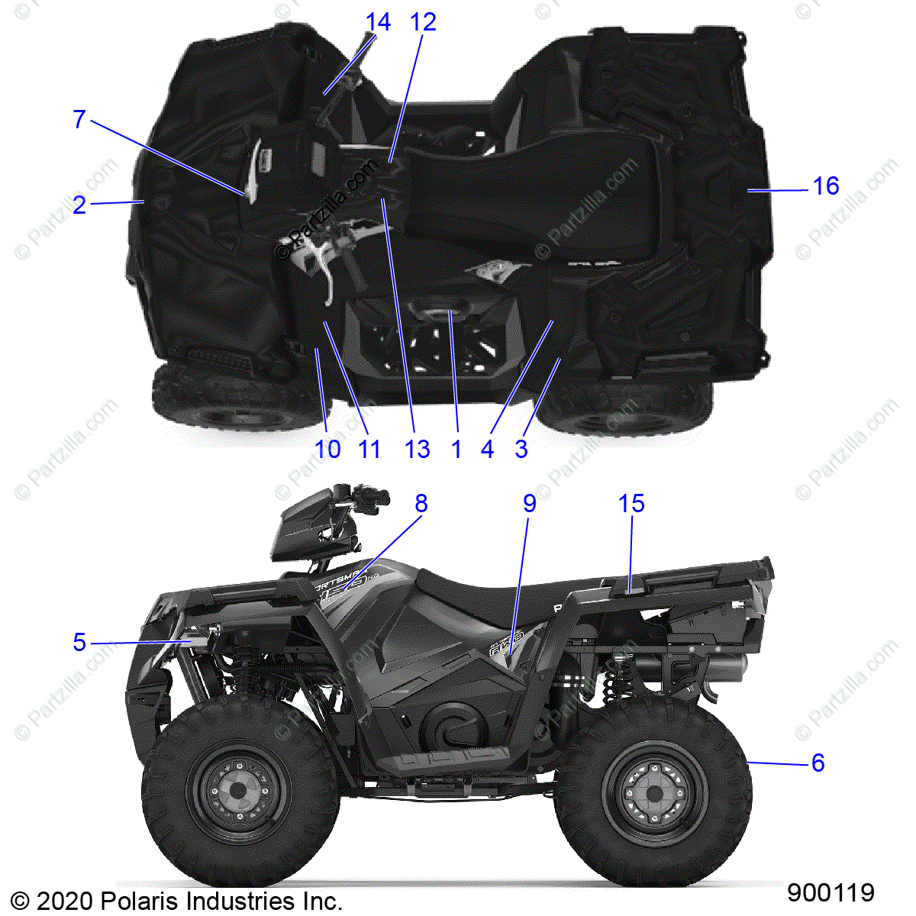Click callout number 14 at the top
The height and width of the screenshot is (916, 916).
(378, 22)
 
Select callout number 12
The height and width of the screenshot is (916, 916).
(423, 22)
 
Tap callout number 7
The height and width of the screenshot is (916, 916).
(79, 120)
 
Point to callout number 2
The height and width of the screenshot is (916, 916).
(79, 205)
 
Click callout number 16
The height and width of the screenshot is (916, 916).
(825, 186)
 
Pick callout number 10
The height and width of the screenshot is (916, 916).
(327, 449)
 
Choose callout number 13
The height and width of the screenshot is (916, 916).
(418, 449)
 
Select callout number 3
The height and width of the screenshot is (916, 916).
(521, 449)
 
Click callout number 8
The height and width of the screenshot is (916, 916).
(421, 504)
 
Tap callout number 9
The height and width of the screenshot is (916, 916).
(529, 504)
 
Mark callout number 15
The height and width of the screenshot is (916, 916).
(631, 504)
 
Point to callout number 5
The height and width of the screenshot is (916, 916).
(79, 643)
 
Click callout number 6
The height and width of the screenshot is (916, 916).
(818, 763)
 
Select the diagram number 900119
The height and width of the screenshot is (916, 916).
(831, 892)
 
